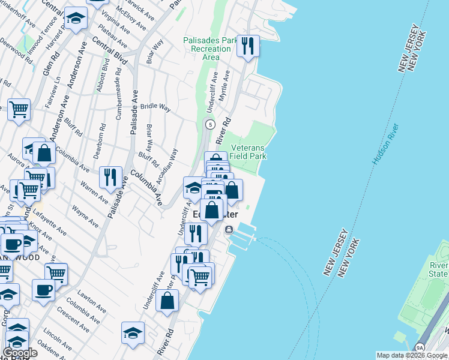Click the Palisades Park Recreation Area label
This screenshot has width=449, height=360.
click(x=210, y=49)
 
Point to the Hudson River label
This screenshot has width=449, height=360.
click(x=386, y=144)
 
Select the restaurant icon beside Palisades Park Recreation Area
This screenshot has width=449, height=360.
click(x=248, y=45)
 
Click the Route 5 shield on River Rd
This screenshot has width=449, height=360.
click(x=209, y=125)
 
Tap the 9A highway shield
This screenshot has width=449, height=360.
click(x=420, y=346)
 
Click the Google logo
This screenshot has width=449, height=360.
click(x=19, y=353)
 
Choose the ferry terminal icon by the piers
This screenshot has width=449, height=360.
click(x=229, y=230)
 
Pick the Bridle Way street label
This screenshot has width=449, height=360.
click(x=155, y=107)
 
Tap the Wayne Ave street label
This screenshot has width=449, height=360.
click(x=85, y=217)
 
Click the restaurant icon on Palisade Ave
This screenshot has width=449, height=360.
click(x=110, y=176)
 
